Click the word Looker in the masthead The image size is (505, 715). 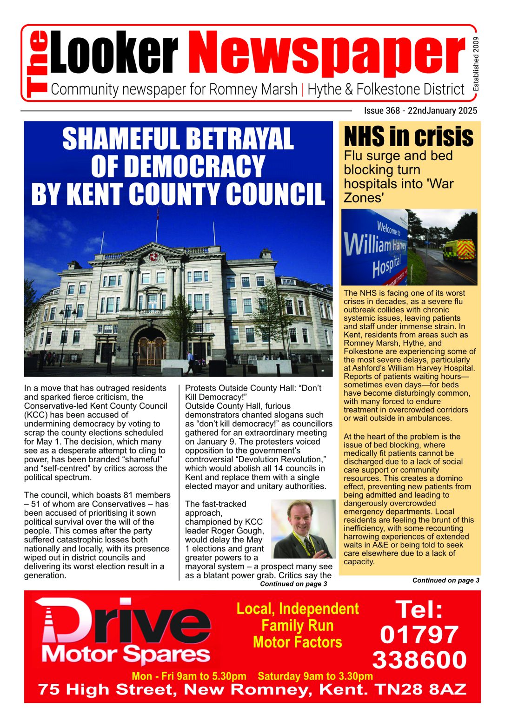click(114, 54)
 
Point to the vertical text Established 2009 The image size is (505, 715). click(475, 64)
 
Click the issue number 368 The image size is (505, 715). click(392, 111)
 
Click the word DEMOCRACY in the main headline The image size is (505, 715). click(178, 166)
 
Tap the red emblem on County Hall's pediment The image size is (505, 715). click(153, 257)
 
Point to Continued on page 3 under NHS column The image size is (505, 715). click(445, 580)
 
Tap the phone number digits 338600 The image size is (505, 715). click(419, 660)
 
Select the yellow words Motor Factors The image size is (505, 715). click(297, 642)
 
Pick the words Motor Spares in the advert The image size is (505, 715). click(126, 655)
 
